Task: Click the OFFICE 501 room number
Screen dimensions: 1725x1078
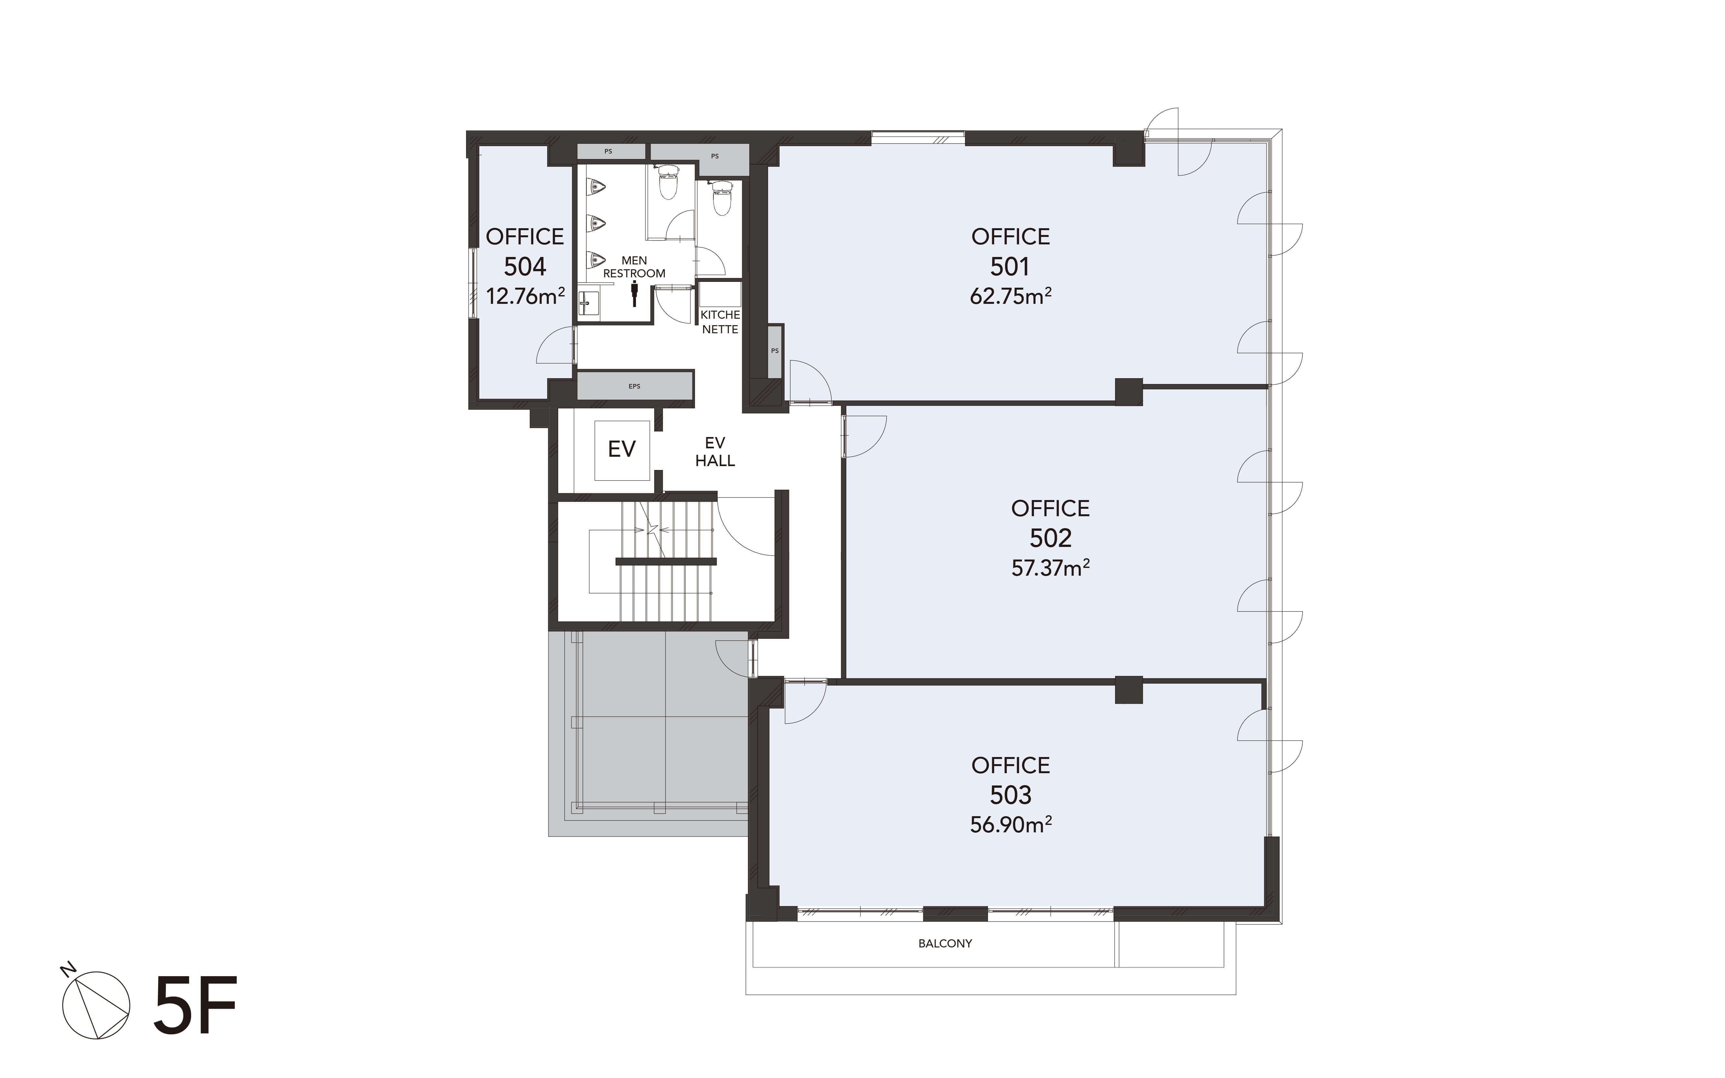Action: point(1010,267)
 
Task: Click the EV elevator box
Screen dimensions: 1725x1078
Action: point(622,449)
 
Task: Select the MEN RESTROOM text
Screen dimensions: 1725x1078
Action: point(634,267)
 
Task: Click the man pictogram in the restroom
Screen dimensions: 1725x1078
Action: point(634,294)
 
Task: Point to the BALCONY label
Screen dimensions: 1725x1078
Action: point(945,943)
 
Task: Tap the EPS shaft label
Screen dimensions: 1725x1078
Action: point(634,386)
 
